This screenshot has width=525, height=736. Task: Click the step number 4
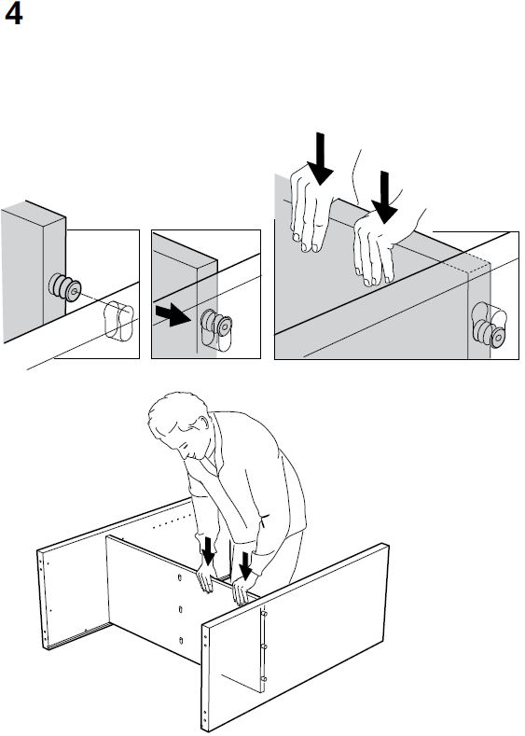click(x=13, y=15)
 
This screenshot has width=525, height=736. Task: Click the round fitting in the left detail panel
click(x=64, y=286)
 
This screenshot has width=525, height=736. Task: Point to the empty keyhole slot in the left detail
click(x=119, y=321)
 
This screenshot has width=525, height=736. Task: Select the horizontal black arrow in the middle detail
click(x=173, y=314)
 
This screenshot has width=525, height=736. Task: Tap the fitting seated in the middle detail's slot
click(x=216, y=323)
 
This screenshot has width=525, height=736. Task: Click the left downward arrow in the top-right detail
click(x=321, y=159)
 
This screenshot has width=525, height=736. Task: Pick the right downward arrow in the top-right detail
click(x=385, y=197)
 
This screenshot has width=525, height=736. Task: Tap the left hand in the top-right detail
click(x=310, y=207)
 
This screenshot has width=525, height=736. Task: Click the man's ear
click(x=203, y=423)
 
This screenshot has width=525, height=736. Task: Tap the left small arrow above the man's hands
click(x=208, y=551)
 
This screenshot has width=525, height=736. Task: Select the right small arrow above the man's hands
click(x=245, y=565)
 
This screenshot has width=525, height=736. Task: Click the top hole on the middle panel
click(x=180, y=577)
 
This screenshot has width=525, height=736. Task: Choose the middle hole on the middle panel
click(x=181, y=609)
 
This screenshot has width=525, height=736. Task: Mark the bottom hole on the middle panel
click(x=181, y=640)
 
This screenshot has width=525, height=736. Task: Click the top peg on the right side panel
click(x=264, y=613)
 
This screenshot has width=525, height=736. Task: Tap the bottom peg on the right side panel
click(x=264, y=679)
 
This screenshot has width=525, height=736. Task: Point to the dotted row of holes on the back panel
click(x=173, y=521)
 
